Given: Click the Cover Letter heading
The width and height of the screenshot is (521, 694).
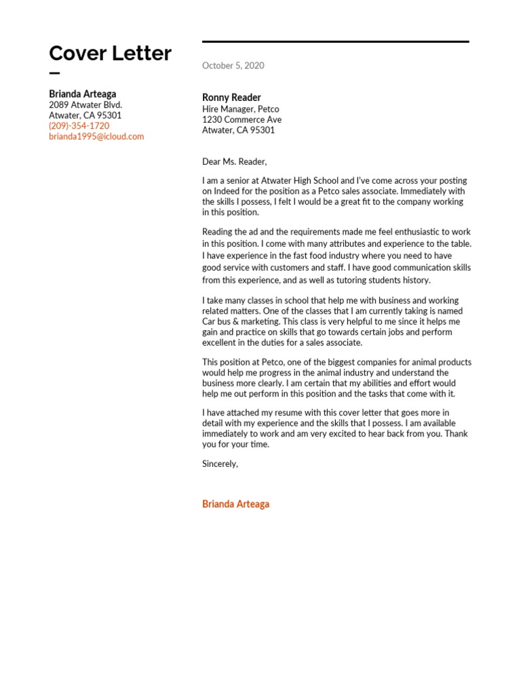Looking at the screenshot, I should coord(110,53).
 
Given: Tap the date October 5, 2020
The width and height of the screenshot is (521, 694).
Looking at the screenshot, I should coord(233,66).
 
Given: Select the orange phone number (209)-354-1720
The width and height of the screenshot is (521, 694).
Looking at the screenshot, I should coord(79,126).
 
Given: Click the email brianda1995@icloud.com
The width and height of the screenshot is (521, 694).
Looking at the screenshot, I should coord(96,136).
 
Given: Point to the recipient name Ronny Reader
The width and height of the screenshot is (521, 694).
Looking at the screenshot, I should coord(231,98).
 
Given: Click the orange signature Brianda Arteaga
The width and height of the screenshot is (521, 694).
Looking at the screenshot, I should coord(235,504).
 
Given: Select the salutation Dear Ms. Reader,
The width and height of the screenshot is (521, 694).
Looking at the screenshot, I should coord(235,161).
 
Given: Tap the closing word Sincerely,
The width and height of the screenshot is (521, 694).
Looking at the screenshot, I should coord(220,464).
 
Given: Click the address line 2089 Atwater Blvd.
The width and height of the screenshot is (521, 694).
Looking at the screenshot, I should coord(85,105).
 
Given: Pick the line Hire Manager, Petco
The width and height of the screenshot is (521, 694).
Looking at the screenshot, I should coord(240,109).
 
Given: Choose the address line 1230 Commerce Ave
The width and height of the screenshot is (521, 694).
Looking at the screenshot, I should coord(242,120).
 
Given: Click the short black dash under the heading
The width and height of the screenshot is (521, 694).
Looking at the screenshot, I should coord(54,74).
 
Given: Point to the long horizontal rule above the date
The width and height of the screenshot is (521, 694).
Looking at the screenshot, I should coord(335,42).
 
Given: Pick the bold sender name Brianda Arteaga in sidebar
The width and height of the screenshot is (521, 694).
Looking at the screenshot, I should coord(82,94).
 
